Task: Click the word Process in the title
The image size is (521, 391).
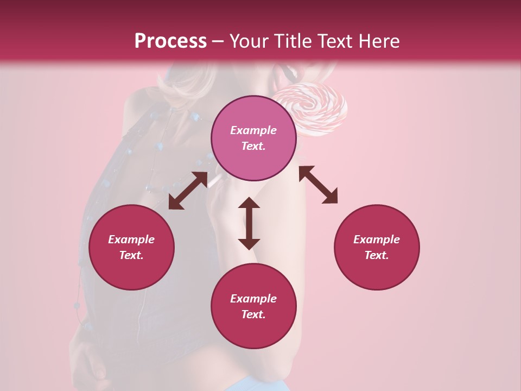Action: (x=170, y=41)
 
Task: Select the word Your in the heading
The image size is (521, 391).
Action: (x=247, y=41)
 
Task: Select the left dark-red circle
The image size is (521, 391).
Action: (x=131, y=247)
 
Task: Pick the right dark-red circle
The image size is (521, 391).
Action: (x=377, y=247)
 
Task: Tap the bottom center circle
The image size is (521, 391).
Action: (x=253, y=306)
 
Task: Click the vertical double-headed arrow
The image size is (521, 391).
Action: (x=249, y=223)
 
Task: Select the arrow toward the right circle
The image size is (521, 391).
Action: (x=318, y=185)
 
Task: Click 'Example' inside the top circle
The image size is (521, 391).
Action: (x=253, y=130)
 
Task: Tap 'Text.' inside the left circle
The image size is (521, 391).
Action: (x=131, y=255)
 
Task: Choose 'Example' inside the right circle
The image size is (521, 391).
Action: (x=377, y=239)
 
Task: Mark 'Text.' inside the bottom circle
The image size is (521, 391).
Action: (x=253, y=314)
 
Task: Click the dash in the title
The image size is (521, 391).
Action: (x=218, y=42)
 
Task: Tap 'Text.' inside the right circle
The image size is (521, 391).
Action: (x=377, y=255)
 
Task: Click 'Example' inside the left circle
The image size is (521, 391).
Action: (x=131, y=239)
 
